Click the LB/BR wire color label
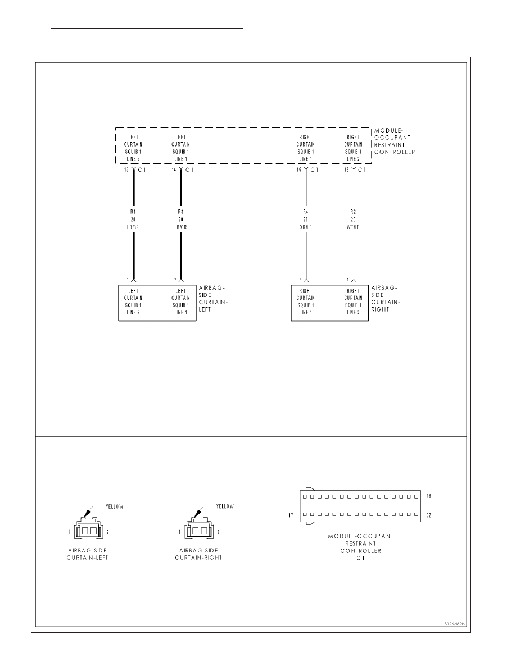[x=133, y=227]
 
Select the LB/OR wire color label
[x=180, y=227]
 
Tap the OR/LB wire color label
[x=306, y=227]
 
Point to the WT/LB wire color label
[x=354, y=227]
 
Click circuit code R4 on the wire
[x=306, y=212]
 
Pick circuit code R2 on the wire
[x=354, y=212]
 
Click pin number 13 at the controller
[x=126, y=170]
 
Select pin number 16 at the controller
[x=347, y=170]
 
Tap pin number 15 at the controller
[x=299, y=170]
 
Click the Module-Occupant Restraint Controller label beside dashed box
[x=394, y=141]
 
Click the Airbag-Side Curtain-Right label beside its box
[x=385, y=299]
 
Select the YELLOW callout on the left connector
[x=115, y=506]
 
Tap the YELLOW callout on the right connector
[x=225, y=506]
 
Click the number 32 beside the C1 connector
[x=429, y=515]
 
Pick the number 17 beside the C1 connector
[x=291, y=515]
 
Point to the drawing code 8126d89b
[x=454, y=624]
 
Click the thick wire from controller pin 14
[x=181, y=226]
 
